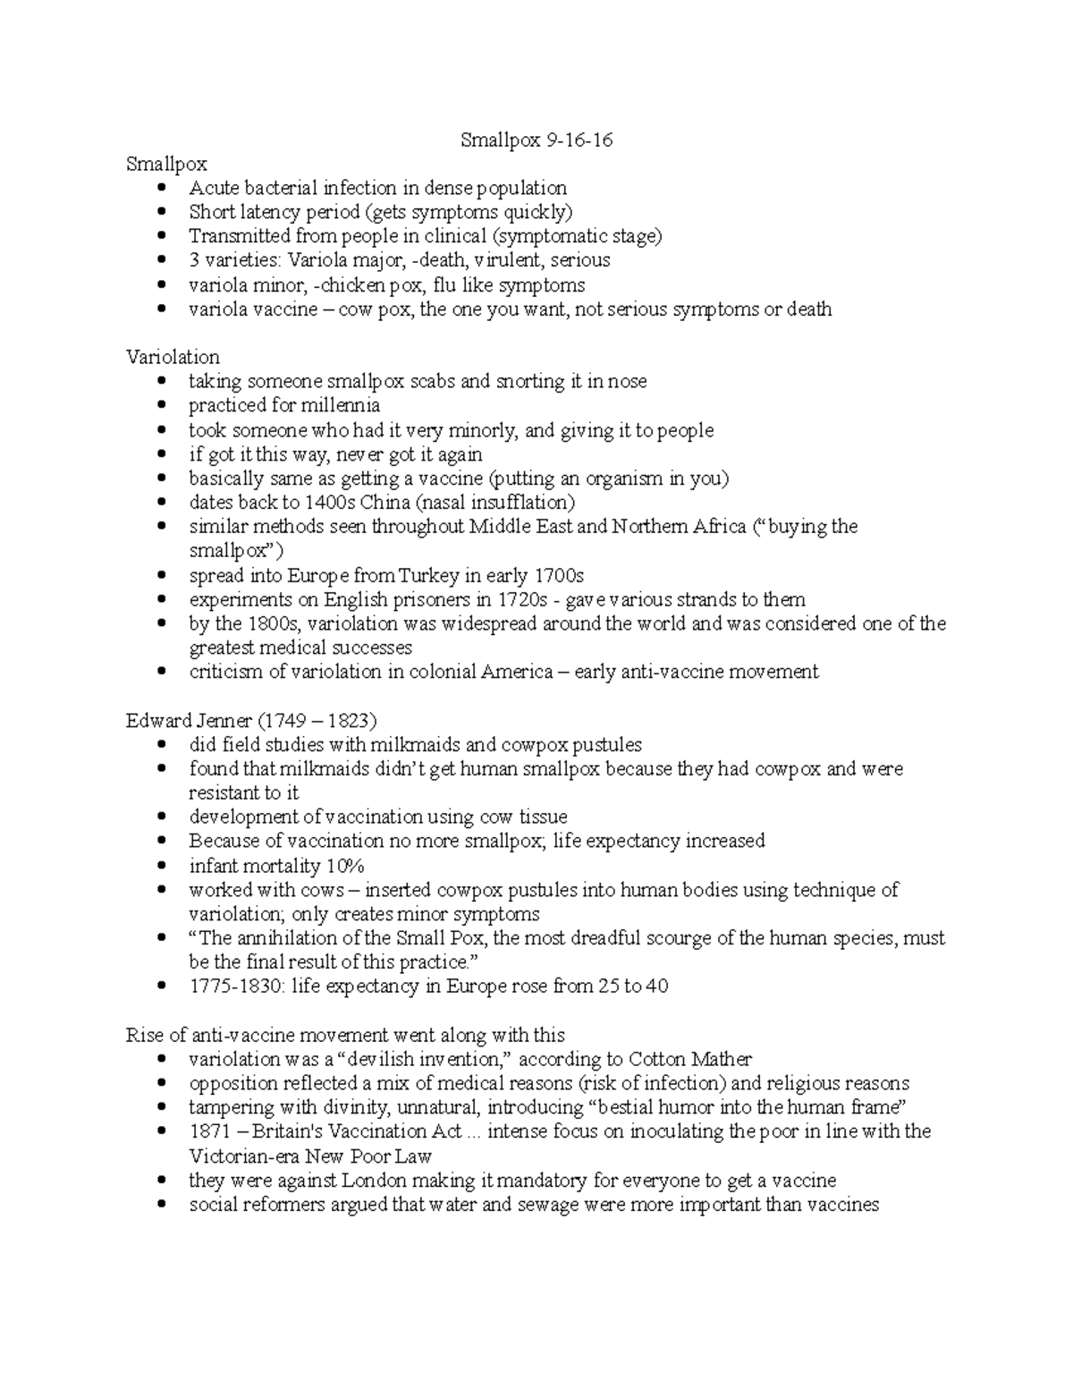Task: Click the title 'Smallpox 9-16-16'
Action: point(536,140)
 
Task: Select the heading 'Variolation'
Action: point(173,357)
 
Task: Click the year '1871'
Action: point(210,1131)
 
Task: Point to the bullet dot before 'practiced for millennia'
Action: point(161,406)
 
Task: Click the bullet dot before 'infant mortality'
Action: point(161,867)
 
